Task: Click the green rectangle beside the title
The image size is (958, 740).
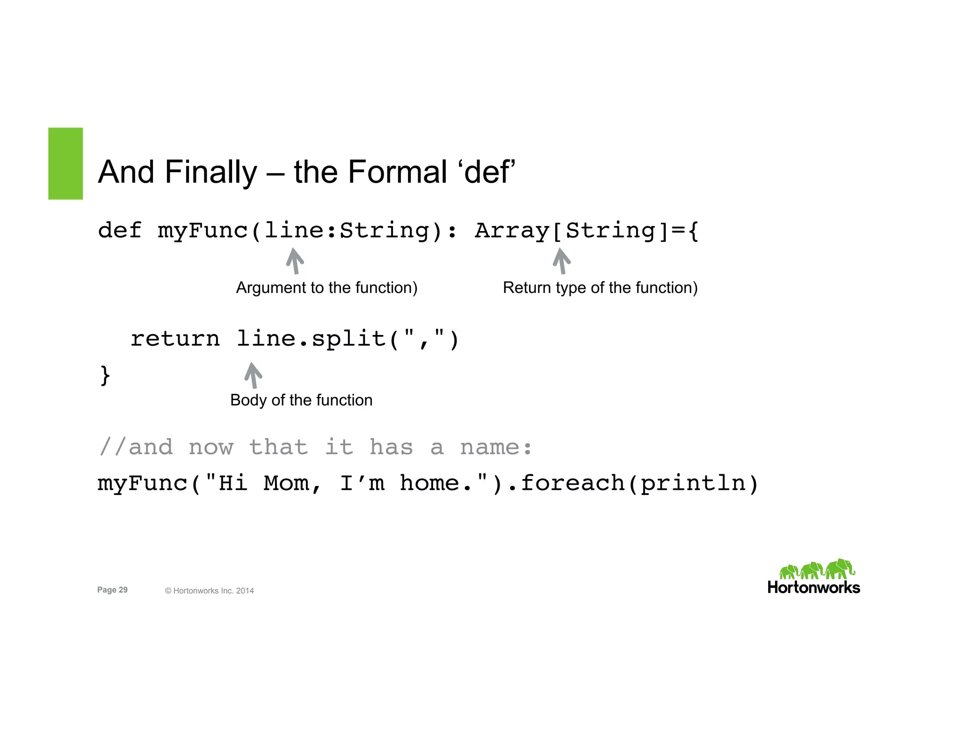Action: coord(65,163)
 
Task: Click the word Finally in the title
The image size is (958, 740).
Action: coord(210,172)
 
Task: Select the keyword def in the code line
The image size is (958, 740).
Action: coord(120,231)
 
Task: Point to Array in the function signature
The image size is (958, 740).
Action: coord(511,231)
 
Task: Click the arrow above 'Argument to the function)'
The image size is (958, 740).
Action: coord(295,261)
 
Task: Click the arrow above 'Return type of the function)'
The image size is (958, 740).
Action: coord(561,261)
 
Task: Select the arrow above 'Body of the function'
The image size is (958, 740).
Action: coord(253,375)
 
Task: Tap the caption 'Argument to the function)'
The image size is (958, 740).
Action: coord(327,288)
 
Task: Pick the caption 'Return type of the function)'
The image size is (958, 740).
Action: coord(600,288)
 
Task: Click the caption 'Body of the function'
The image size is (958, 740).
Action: coord(301,400)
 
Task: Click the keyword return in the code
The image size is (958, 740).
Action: coord(175,339)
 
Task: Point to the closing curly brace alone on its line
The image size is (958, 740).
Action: coord(105,375)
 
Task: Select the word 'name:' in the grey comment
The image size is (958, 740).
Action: coord(496,447)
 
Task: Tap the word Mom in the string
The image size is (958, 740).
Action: coord(286,483)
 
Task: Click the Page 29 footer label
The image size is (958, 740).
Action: coord(112,590)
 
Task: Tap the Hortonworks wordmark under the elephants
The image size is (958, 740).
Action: coord(813,588)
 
